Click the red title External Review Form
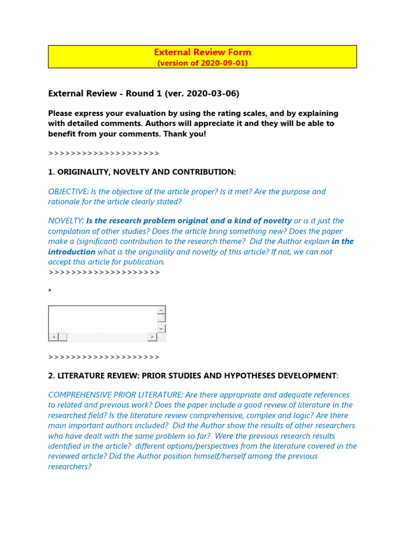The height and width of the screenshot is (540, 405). (x=202, y=52)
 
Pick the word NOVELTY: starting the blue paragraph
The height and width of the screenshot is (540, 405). (x=66, y=221)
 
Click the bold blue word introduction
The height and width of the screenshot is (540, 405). (x=72, y=252)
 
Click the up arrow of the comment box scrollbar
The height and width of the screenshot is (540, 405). (x=161, y=310)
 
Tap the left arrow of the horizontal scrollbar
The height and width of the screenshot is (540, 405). (x=53, y=337)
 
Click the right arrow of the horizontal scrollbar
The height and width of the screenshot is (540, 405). (x=152, y=337)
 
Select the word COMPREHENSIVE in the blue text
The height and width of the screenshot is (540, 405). (x=80, y=395)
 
